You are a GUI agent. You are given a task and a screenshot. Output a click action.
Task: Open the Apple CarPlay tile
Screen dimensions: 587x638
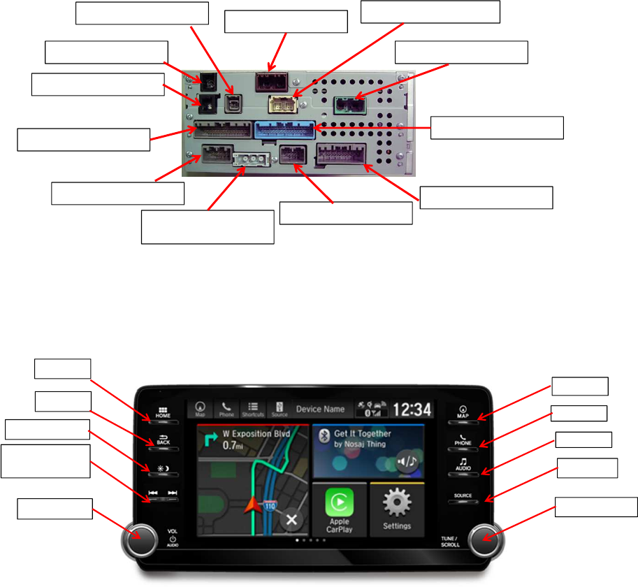click(x=339, y=509)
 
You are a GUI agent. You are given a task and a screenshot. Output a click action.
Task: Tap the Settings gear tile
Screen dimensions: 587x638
click(x=396, y=509)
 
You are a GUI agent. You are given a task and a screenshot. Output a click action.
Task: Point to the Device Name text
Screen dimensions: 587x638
click(x=321, y=410)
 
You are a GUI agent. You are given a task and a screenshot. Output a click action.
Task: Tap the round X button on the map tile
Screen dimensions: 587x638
click(x=291, y=520)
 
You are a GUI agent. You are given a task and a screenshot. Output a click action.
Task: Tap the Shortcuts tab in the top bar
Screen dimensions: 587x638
click(x=254, y=410)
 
